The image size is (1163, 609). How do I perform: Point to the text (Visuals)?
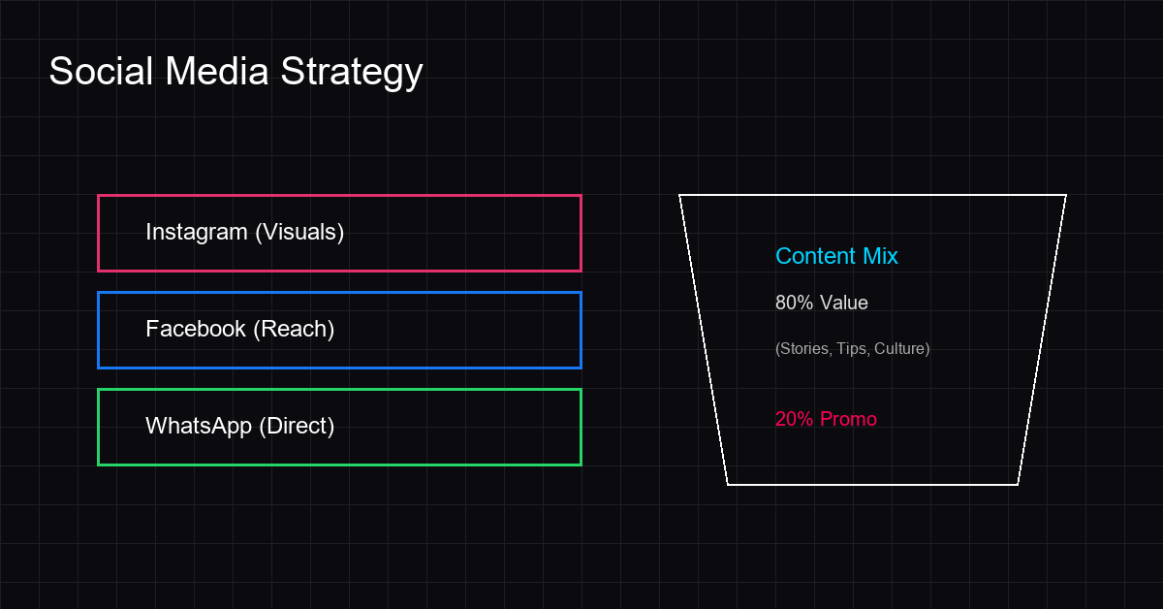pyautogui.click(x=299, y=233)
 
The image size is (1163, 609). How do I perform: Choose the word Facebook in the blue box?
pyautogui.click(x=196, y=329)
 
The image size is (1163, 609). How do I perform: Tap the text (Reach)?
pyautogui.click(x=294, y=330)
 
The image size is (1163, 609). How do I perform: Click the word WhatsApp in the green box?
pyautogui.click(x=199, y=427)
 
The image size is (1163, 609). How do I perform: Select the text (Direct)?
pyautogui.click(x=297, y=427)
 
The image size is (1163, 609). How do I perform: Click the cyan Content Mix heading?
pyautogui.click(x=836, y=256)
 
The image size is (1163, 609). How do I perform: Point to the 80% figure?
pyautogui.click(x=794, y=303)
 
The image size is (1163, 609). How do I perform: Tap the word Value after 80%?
pyautogui.click(x=844, y=303)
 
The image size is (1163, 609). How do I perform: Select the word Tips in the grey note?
pyautogui.click(x=852, y=349)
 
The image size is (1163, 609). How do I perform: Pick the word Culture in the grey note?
pyautogui.click(x=900, y=349)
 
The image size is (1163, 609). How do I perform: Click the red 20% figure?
pyautogui.click(x=794, y=419)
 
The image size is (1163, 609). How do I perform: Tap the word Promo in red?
pyautogui.click(x=848, y=419)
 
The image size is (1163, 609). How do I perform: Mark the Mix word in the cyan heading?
pyautogui.click(x=880, y=256)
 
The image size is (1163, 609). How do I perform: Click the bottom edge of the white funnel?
pyautogui.click(x=872, y=484)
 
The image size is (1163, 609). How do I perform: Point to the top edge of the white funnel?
pyautogui.click(x=872, y=195)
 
